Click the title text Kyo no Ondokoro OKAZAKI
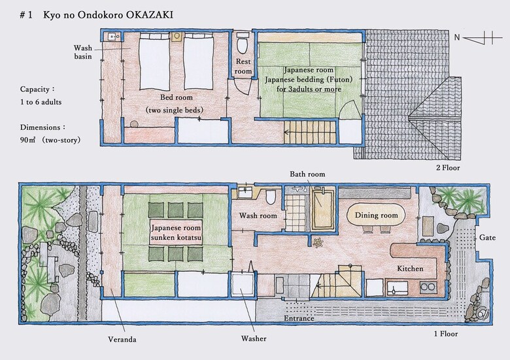(108, 16)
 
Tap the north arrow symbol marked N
(478, 38)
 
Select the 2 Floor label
(448, 168)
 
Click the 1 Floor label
(446, 334)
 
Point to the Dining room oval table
(376, 215)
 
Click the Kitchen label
(410, 269)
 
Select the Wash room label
(258, 216)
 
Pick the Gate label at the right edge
(487, 238)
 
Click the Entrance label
(299, 318)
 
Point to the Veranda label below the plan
(122, 340)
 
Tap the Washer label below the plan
(254, 338)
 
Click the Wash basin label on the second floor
(83, 52)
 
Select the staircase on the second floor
(311, 132)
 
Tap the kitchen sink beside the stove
(397, 287)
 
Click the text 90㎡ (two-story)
(50, 140)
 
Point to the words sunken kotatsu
(177, 238)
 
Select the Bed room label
(177, 97)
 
